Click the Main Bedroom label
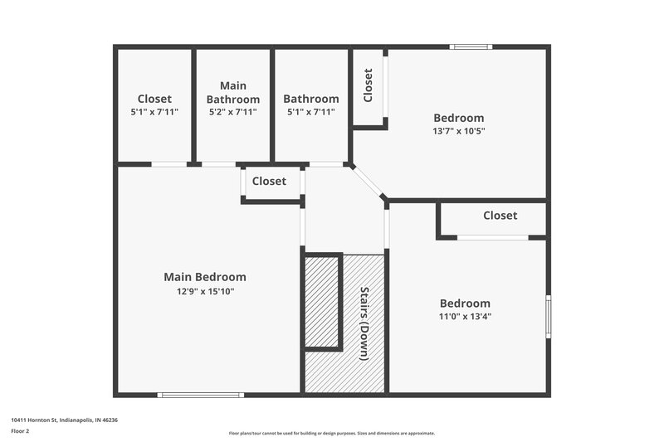pos(205,277)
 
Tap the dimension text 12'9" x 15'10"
pos(205,291)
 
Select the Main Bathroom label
pos(233,92)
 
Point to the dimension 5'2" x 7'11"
pos(233,111)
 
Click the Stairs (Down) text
pos(364,323)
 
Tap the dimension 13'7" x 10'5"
pos(459,130)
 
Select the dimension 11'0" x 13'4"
pos(465,316)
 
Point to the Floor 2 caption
pos(21,431)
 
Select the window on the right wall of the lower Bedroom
pos(547,316)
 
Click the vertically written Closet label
pos(368,85)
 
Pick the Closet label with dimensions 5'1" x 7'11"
pos(154,99)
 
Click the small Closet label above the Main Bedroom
pos(269,181)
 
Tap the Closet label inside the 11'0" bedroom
pos(500,216)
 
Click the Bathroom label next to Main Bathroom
pos(310,99)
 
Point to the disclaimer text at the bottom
pos(331,433)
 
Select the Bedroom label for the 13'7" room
pos(459,118)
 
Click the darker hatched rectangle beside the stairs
pos(323,302)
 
